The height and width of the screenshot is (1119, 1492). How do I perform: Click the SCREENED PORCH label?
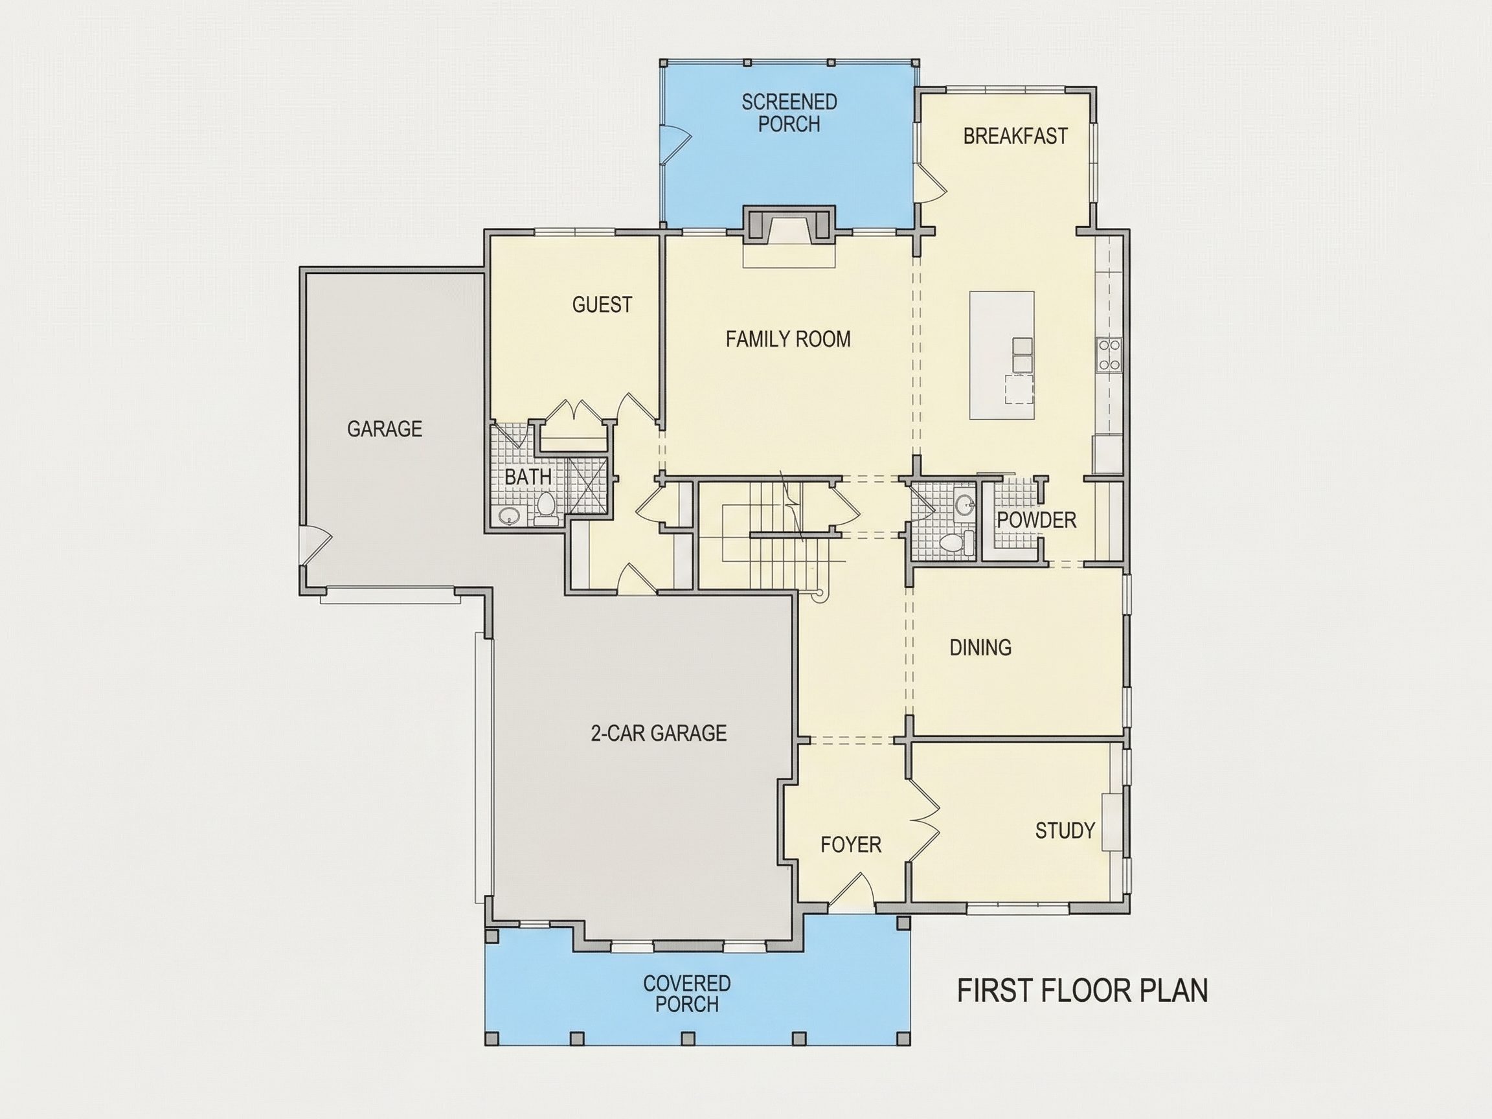point(789,113)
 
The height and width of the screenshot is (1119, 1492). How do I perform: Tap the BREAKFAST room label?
point(1015,136)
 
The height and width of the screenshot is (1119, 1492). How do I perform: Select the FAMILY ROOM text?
point(788,339)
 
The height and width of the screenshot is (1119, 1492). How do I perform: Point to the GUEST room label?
point(602,305)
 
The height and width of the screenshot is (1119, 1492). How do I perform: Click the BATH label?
point(528,477)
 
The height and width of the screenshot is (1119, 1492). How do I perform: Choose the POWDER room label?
point(1036,520)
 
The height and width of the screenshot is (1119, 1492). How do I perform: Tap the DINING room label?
point(980,648)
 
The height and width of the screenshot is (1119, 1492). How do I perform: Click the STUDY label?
point(1065,830)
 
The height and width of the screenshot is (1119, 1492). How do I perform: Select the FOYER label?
point(850,844)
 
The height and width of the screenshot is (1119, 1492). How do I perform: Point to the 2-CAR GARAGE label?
point(659,732)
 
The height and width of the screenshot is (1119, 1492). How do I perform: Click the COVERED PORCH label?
point(686,993)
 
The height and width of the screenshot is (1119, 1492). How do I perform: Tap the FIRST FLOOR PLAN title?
point(1083,991)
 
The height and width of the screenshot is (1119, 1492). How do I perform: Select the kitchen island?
point(1002,356)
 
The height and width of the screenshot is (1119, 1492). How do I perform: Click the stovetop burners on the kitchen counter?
point(1109,356)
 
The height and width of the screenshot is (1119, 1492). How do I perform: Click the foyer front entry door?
point(851,890)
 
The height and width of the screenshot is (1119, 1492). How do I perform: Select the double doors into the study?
point(923,821)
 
